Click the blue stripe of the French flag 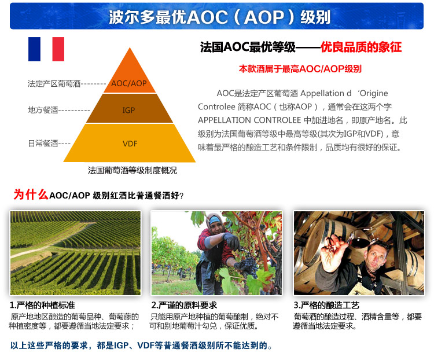point(34,49)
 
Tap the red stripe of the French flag point(58,49)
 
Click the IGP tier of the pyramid point(130,109)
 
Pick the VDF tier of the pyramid point(130,143)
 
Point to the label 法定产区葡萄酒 point(54,83)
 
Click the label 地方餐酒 point(43,110)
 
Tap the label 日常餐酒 point(43,143)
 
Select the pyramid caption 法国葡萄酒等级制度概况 point(133,170)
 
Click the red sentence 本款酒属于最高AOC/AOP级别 point(300,69)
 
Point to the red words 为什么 point(31,194)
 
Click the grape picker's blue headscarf point(216,220)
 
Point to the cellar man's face point(377,259)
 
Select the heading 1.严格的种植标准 point(42,305)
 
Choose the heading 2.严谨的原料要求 point(184,305)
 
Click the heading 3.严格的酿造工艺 point(326,305)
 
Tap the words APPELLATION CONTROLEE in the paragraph point(249,120)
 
